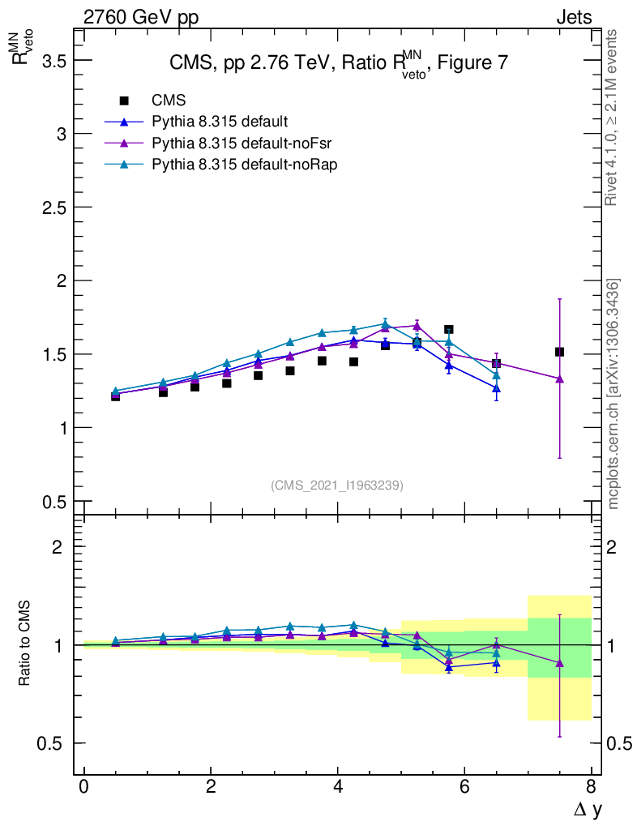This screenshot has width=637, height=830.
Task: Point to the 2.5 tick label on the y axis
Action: coord(50,207)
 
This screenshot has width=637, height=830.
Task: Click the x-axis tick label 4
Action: coord(338,787)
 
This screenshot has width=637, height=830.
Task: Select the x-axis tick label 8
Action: coord(591,787)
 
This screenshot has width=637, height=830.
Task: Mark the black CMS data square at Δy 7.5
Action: coord(559,352)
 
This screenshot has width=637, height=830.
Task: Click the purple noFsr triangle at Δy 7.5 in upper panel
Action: coord(559,379)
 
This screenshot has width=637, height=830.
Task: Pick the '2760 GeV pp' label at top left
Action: coord(140,16)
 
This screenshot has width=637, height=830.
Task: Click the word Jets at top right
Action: coord(573,16)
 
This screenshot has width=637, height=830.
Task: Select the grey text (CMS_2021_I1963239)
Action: coord(337,485)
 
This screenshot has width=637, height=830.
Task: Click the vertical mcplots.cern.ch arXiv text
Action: coord(613,393)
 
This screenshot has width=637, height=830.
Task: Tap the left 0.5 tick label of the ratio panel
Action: coord(50,743)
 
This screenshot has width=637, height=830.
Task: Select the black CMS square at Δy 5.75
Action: coord(448,329)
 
